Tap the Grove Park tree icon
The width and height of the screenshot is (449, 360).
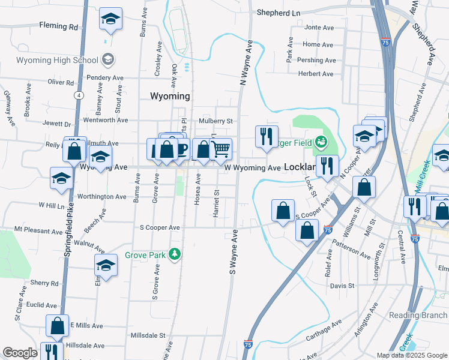pos(175,254)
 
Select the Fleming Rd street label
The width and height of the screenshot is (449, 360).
pos(59,26)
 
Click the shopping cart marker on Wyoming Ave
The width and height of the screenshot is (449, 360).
pos(221,149)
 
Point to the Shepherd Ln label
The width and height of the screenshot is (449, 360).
pos(278,12)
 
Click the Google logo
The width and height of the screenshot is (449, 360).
pos(20,353)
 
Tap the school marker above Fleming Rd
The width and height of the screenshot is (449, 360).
pos(110,20)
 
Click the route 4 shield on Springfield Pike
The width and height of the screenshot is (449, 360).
pos(79,95)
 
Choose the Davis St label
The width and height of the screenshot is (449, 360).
pos(342,286)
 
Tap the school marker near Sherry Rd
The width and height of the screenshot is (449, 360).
pos(106,265)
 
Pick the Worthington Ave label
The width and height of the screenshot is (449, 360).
pos(101,196)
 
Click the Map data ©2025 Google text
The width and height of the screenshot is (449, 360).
pos(411,355)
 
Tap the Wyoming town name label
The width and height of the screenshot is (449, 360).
pos(169,96)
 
